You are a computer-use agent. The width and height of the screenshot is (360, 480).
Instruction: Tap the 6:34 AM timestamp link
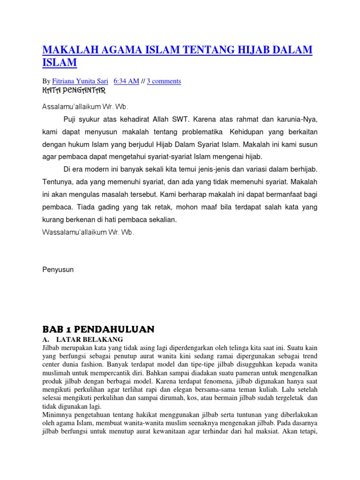[127, 81]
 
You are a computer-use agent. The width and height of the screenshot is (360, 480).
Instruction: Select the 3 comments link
[164, 81]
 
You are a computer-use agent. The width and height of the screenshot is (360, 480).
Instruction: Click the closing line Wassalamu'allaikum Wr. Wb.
[88, 232]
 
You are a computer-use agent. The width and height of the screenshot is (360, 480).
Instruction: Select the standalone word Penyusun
[58, 270]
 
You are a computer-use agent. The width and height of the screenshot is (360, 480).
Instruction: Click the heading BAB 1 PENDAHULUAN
[98, 329]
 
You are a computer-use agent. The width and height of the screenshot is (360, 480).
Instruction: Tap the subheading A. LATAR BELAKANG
[82, 339]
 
